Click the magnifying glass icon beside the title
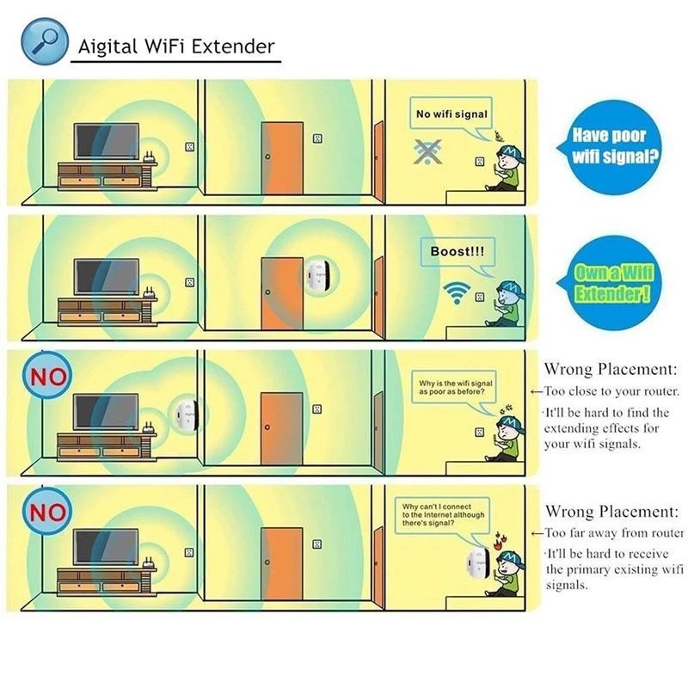coord(45,41)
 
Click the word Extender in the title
coord(232,46)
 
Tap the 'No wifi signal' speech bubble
coord(451,114)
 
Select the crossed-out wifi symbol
coord(427,151)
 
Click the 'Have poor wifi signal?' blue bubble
coord(611,147)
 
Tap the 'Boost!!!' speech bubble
coord(458,251)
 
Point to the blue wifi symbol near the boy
coord(457,292)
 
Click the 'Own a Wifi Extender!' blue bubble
coord(611,283)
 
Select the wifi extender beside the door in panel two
coord(318,276)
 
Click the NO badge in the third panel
coord(47,376)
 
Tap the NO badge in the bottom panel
coord(47,511)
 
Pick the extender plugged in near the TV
coord(185,414)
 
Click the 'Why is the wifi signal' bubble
coord(455,387)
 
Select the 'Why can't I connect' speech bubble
coord(442,514)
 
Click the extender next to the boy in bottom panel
coord(478,564)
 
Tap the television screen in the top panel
coord(107,141)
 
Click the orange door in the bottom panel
coord(282,564)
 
